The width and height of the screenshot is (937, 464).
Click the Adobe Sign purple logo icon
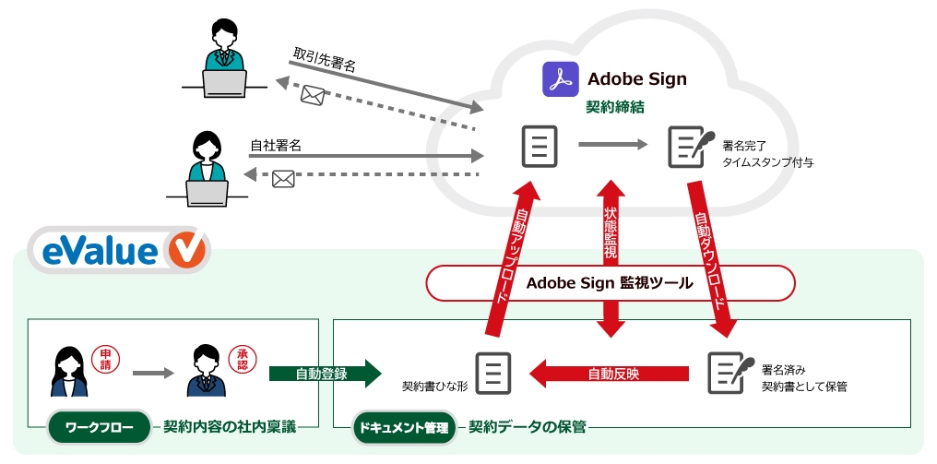point(559,78)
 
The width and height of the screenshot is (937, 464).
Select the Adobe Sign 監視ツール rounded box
point(610,283)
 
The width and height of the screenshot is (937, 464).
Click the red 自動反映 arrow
point(610,374)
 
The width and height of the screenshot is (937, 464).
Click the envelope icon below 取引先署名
point(314,94)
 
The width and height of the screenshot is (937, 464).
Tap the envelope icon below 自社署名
point(283,180)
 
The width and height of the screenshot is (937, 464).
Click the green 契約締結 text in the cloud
point(614,107)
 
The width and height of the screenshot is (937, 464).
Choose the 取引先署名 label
point(325,57)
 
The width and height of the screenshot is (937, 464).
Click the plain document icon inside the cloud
point(539,146)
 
